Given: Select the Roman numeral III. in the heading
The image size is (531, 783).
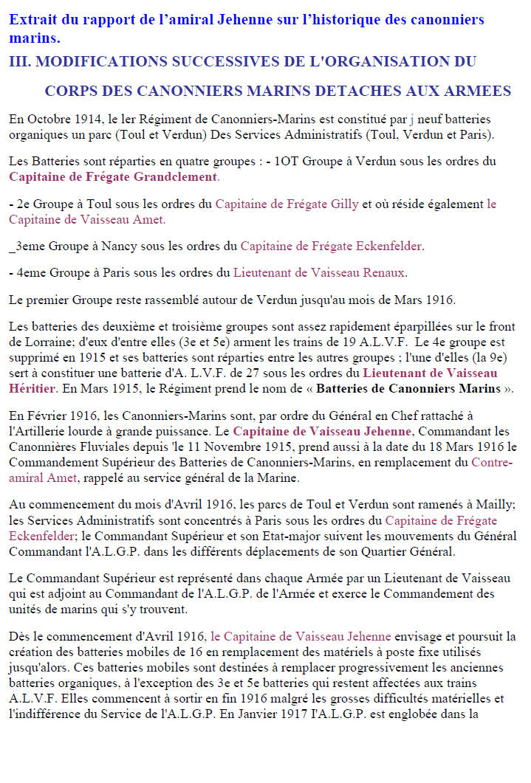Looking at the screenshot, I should pos(19,61).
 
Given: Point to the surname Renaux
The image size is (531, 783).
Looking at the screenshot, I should pos(383,273).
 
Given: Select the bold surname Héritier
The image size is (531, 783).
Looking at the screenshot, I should pos(32,388).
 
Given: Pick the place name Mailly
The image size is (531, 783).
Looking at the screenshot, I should pos(495,504).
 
